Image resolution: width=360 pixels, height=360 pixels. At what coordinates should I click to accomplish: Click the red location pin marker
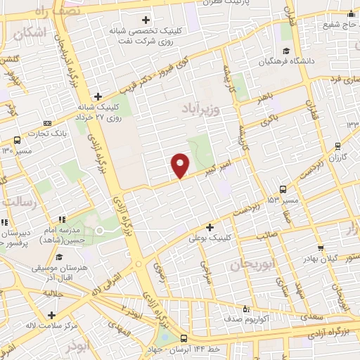click(181, 165)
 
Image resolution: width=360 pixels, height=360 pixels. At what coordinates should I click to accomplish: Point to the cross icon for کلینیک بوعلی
click(210, 227)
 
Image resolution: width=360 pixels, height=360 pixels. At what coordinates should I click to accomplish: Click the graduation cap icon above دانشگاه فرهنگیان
click(286, 50)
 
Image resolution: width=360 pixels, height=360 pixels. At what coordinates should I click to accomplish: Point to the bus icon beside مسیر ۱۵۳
click(283, 189)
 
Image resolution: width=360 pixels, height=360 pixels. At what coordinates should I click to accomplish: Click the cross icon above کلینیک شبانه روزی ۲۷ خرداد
click(98, 96)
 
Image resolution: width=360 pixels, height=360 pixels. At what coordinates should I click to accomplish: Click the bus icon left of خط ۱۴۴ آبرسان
click(184, 338)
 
